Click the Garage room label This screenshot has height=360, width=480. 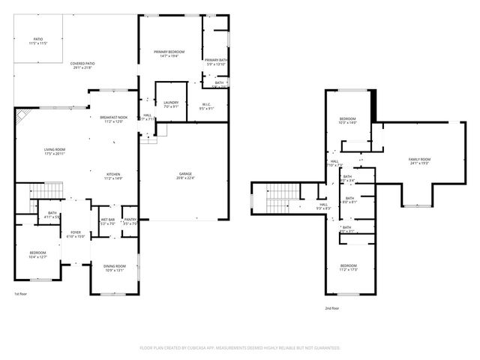click(184, 175)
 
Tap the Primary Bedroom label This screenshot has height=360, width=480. click(169, 54)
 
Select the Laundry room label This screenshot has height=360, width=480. click(170, 104)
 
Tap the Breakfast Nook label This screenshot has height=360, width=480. click(114, 119)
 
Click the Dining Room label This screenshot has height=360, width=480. click(114, 268)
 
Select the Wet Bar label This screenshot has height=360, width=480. click(107, 221)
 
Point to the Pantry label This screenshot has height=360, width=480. click(130, 221)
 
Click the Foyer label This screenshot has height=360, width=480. click(76, 234)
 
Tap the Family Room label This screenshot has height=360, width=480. click(418, 161)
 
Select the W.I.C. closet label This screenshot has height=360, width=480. click(206, 106)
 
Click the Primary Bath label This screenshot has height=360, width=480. click(216, 61)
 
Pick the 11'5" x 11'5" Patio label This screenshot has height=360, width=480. click(37, 42)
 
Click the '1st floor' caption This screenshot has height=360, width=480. click(21, 293)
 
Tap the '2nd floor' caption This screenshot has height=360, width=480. click(331, 308)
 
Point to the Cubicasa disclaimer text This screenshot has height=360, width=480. click(240, 348)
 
